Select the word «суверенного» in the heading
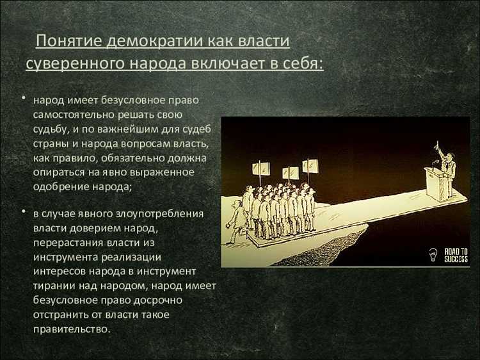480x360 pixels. (x=71, y=64)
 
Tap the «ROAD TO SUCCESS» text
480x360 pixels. (x=456, y=255)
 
